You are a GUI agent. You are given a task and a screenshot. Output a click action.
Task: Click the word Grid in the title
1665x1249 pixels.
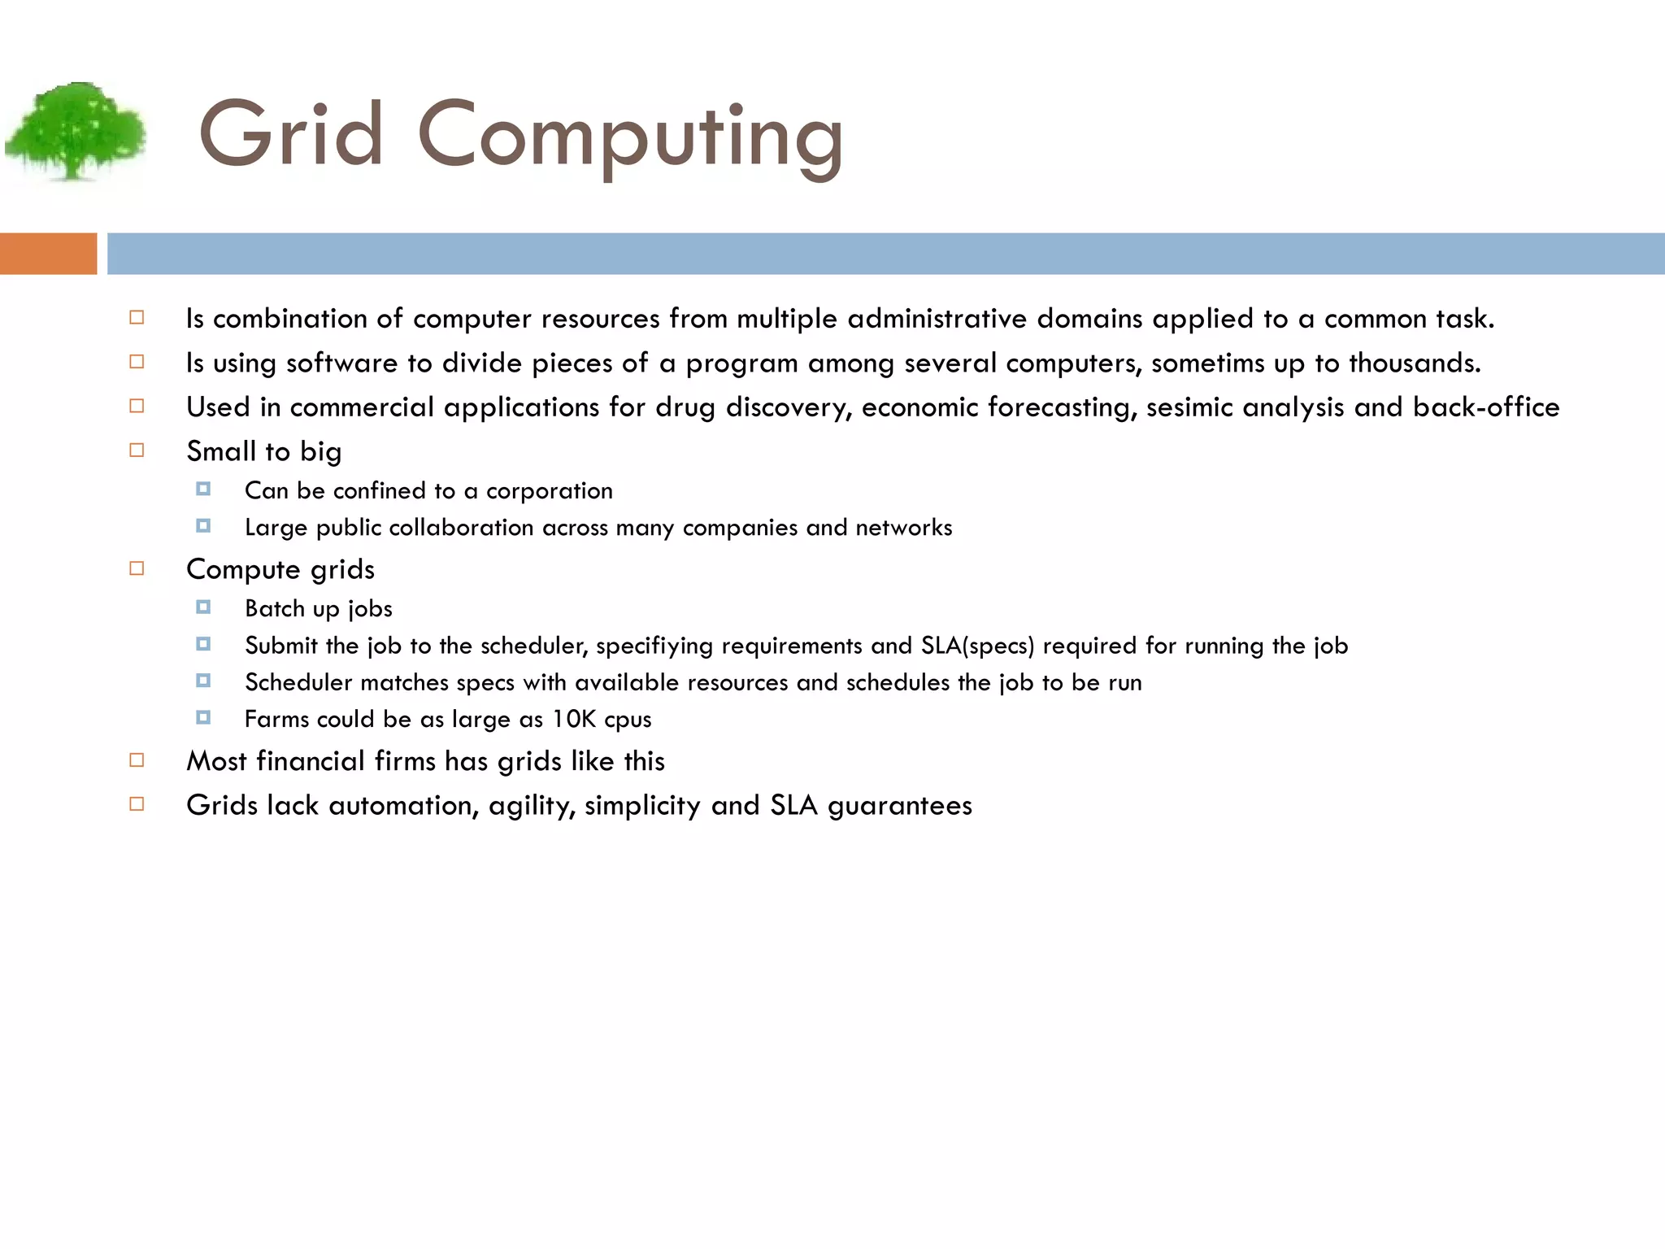[x=290, y=135]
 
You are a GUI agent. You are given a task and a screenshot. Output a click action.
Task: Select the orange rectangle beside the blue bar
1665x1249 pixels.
[x=48, y=254]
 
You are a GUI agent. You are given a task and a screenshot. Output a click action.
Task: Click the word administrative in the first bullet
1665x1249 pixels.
[x=937, y=319]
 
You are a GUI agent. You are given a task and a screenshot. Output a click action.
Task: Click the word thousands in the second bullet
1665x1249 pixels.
[x=1414, y=363]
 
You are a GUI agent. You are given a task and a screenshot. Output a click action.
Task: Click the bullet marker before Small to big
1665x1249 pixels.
[x=137, y=450]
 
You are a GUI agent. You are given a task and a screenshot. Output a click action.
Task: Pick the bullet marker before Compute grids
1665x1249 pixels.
[x=137, y=568]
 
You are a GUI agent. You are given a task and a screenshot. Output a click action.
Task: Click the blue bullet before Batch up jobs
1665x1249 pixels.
[x=203, y=607]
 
